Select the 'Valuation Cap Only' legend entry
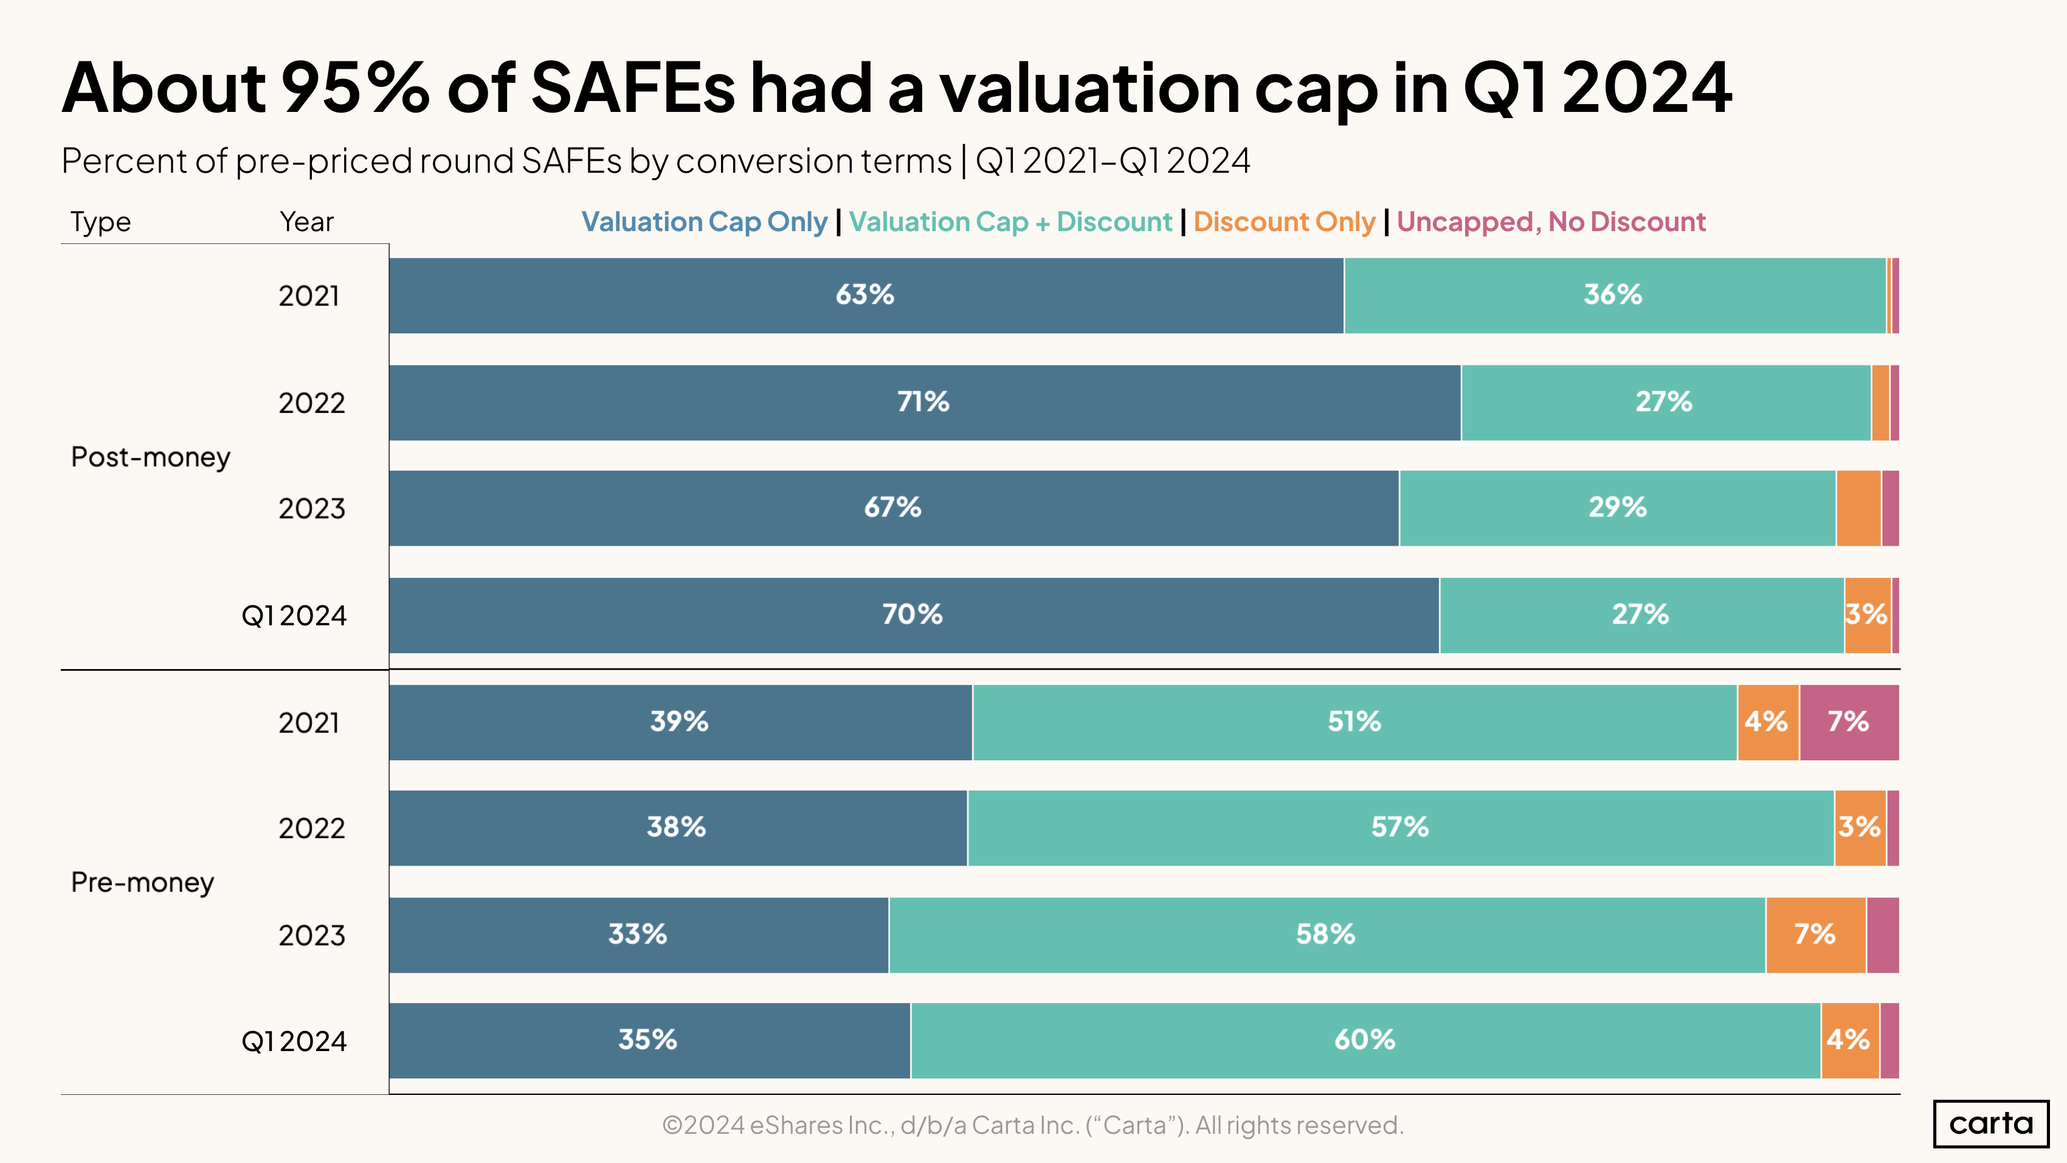704,221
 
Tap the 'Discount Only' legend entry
1284,221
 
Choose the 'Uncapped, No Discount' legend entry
1550,221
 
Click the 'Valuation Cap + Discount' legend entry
1010,221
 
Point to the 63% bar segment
865,296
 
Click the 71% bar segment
923,402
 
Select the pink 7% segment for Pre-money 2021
1849,721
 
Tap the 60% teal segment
1364,1040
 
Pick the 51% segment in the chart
1354,721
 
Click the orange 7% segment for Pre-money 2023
1815,934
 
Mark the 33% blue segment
638,934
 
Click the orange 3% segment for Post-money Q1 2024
1867,615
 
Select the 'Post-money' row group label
151,457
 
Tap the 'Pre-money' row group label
143,882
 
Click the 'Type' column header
100,221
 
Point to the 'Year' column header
306,221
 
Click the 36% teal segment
1613,296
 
